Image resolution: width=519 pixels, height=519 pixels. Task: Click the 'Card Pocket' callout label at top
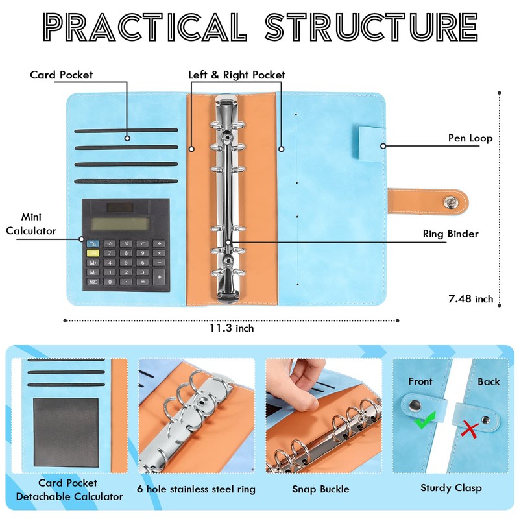point(61,75)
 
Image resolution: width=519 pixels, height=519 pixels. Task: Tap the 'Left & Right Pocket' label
point(237,75)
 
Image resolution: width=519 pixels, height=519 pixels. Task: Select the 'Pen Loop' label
point(470,138)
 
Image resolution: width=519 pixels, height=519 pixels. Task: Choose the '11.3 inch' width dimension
point(232,328)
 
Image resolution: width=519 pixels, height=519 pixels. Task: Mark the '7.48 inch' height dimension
point(471,299)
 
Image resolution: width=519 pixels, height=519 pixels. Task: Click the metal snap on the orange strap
point(448,202)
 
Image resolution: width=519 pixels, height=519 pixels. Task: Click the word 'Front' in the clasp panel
point(420,381)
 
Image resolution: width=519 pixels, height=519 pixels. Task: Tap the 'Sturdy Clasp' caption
point(451,487)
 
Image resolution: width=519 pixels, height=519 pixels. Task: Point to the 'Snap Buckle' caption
point(320,489)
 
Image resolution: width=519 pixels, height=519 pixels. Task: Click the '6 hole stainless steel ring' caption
point(196,489)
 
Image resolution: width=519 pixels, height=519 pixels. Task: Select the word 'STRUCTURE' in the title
point(372,28)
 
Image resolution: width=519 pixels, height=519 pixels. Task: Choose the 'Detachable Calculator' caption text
point(69,496)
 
